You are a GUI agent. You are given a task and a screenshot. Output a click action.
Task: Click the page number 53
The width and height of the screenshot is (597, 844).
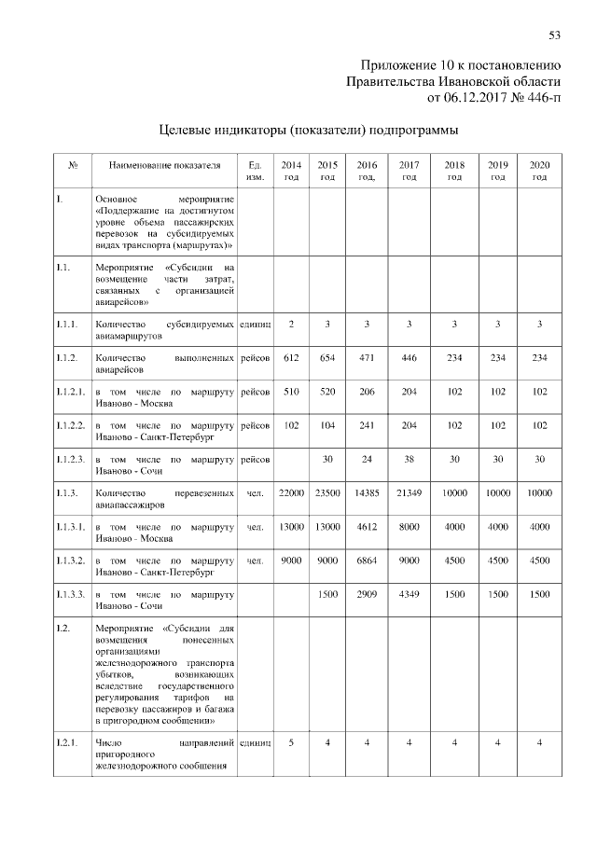[x=554, y=35]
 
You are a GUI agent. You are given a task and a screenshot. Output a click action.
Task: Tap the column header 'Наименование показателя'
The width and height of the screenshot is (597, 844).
[x=165, y=165]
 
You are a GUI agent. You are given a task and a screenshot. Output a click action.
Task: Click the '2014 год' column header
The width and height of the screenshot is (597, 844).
[x=291, y=171]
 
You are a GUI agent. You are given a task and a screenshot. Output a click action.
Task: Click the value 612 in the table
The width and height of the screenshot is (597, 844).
[x=291, y=357]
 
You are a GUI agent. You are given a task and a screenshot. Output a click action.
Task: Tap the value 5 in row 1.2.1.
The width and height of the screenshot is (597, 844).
[x=291, y=742]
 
